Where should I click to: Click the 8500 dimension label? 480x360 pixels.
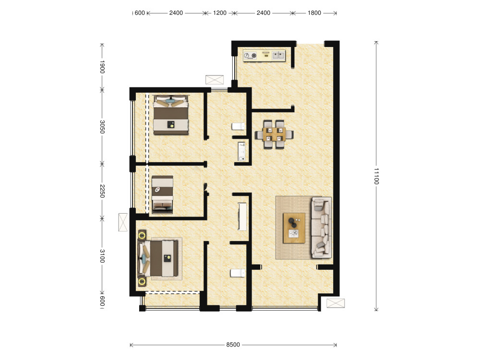233,345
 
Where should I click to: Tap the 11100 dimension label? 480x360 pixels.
376,176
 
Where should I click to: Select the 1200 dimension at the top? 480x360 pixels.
220,13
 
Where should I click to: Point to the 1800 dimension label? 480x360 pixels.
314,13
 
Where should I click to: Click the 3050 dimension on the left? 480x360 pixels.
102,127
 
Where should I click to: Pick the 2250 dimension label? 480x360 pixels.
102,191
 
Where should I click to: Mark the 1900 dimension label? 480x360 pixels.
102,67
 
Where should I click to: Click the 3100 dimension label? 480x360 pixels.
102,256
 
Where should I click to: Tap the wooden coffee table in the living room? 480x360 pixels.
294,228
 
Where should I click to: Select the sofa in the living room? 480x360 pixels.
322,228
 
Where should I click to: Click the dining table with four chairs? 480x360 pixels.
274,134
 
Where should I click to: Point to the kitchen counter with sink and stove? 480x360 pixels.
264,55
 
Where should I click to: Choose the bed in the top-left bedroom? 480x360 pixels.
171,115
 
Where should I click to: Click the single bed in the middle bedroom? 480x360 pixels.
163,194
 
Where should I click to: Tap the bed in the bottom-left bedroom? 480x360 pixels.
158,258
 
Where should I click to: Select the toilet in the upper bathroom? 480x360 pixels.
238,126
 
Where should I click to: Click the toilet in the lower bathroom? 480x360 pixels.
238,273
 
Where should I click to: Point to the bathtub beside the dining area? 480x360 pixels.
242,151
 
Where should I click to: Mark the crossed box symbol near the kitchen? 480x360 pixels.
215,80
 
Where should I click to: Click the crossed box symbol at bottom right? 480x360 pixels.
336,303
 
